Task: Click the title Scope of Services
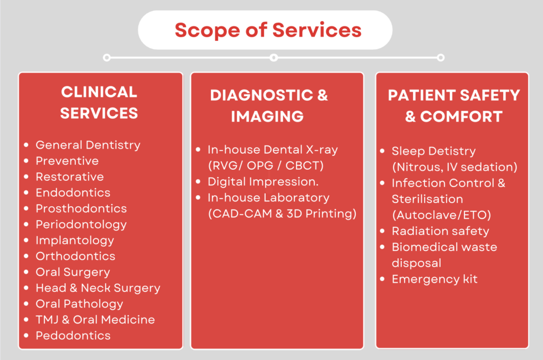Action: point(268,30)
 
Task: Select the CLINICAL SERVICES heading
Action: point(99,102)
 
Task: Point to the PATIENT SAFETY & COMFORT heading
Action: point(454,106)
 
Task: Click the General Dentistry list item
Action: point(88,145)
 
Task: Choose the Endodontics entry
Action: point(73,192)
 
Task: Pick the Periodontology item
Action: point(81,224)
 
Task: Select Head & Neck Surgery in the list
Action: point(98,288)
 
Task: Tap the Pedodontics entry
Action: point(73,336)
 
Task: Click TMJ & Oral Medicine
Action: point(95,320)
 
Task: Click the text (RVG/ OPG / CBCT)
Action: point(266,165)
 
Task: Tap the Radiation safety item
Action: point(440,231)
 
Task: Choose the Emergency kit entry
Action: point(434,279)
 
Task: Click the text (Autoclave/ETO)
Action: point(441,215)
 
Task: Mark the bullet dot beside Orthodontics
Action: point(27,257)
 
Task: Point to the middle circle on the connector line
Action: point(274,57)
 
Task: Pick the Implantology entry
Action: point(75,240)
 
